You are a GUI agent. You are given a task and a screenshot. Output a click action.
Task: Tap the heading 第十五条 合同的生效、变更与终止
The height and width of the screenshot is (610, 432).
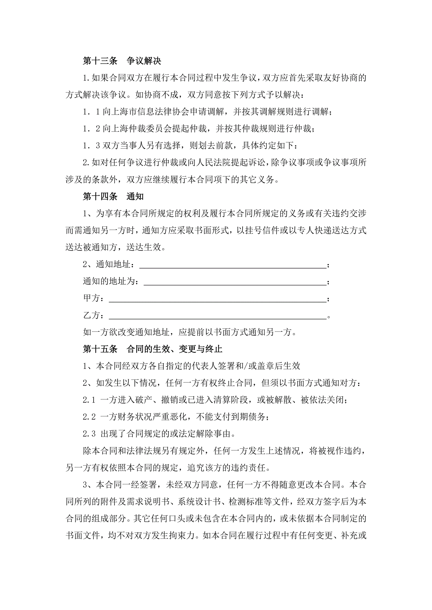152,349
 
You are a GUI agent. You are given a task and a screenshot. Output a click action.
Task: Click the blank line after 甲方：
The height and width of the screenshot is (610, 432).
218,299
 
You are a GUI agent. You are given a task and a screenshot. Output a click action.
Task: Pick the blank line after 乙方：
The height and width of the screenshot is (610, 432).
218,316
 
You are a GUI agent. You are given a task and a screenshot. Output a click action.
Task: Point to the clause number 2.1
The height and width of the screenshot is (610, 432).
89,400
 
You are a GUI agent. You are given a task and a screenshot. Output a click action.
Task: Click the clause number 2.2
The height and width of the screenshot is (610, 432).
89,417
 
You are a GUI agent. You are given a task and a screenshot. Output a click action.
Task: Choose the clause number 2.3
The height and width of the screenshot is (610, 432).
89,434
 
